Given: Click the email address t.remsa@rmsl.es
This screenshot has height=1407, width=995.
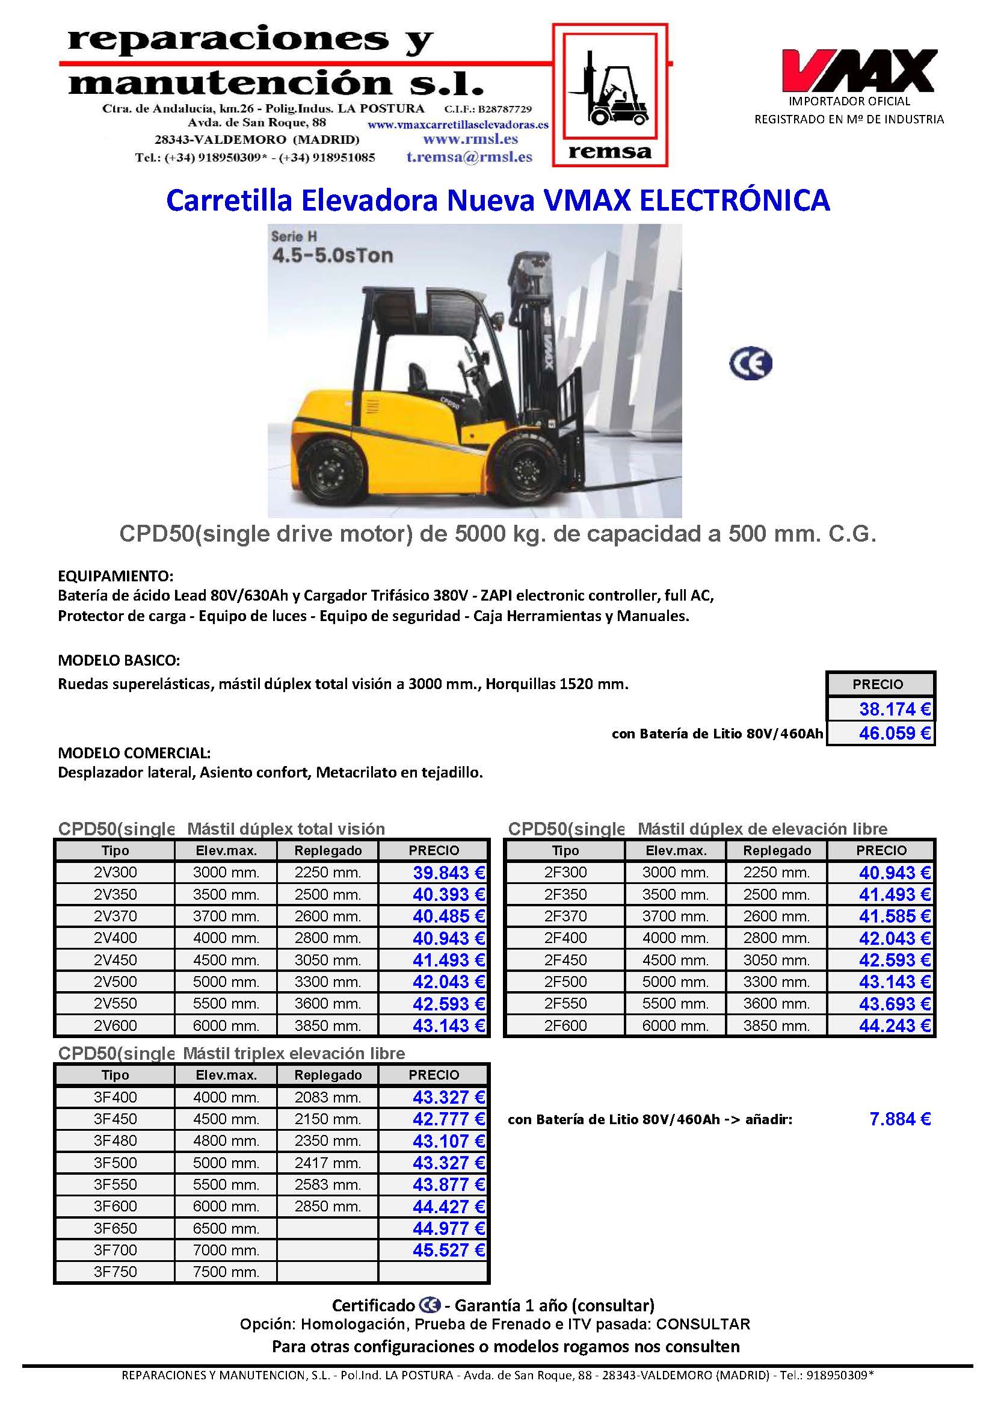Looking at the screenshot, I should pyautogui.click(x=469, y=157).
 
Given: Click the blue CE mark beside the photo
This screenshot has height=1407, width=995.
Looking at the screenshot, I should pyautogui.click(x=751, y=363).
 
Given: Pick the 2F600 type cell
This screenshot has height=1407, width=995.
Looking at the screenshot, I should pyautogui.click(x=565, y=1025).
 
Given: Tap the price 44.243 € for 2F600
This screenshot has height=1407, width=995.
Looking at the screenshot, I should pyautogui.click(x=895, y=1025).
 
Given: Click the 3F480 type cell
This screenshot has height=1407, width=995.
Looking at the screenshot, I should pyautogui.click(x=115, y=1140).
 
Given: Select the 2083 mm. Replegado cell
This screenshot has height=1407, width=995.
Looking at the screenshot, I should pyautogui.click(x=328, y=1097).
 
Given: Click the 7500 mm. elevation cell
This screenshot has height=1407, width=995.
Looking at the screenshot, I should pyautogui.click(x=226, y=1272).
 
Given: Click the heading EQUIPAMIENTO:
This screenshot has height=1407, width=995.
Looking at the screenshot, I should pyautogui.click(x=116, y=576).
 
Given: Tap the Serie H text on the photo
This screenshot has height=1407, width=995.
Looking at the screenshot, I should pyautogui.click(x=294, y=236).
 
